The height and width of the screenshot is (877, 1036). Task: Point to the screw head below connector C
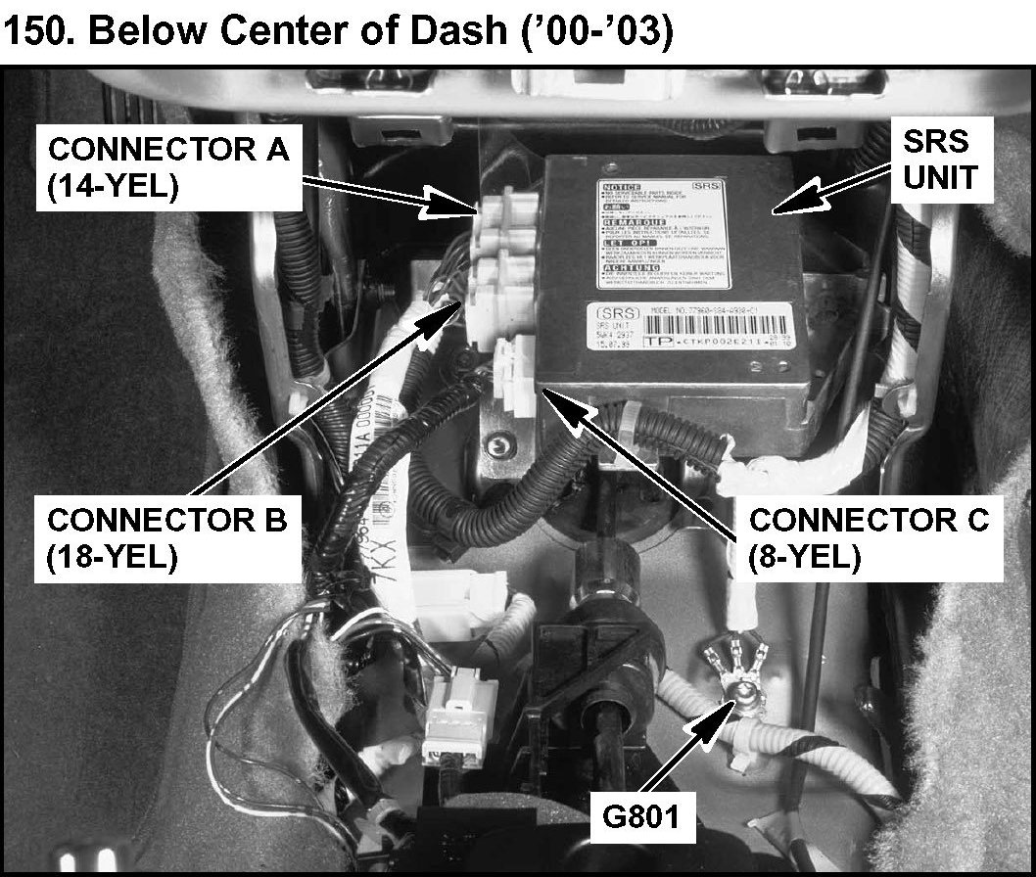tap(503, 447)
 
